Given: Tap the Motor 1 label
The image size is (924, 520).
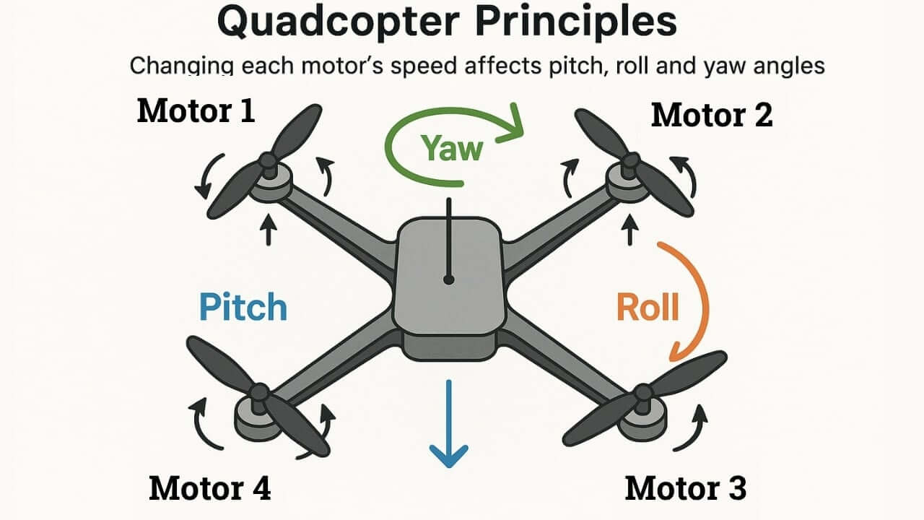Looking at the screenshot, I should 196,111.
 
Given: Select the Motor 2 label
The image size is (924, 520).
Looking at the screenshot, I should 712,115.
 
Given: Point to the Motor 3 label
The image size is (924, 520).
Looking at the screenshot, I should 685,488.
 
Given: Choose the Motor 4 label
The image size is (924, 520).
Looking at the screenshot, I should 210,488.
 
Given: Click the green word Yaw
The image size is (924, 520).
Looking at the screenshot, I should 452,148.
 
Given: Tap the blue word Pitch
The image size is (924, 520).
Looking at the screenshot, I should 243,307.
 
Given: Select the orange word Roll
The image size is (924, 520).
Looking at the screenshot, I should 648,307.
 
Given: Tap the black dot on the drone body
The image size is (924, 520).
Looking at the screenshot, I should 449,279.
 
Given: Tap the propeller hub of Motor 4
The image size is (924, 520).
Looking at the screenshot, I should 258,394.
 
